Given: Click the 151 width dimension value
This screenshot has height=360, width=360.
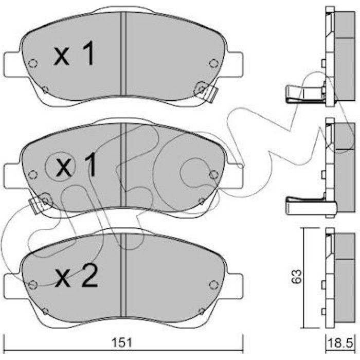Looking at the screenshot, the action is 122,343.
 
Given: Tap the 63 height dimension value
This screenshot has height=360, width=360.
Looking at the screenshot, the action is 296,277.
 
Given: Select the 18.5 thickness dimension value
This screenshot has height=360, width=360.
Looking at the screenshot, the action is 340,344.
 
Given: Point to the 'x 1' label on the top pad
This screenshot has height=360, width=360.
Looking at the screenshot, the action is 74,53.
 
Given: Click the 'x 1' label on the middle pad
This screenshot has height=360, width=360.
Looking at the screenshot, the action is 76,165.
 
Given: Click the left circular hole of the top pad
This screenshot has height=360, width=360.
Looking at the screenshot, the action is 33,63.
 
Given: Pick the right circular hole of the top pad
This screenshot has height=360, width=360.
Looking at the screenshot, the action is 214,63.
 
